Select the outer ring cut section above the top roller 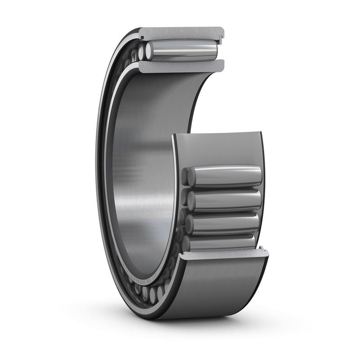click(x=180, y=33)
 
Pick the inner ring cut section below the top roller click(x=180, y=67)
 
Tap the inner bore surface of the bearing click(x=144, y=171)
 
